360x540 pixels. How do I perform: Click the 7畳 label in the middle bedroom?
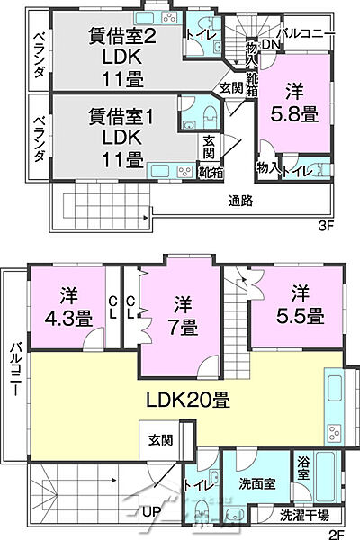pos(181,316)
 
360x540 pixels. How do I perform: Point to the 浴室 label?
pos(303,467)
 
